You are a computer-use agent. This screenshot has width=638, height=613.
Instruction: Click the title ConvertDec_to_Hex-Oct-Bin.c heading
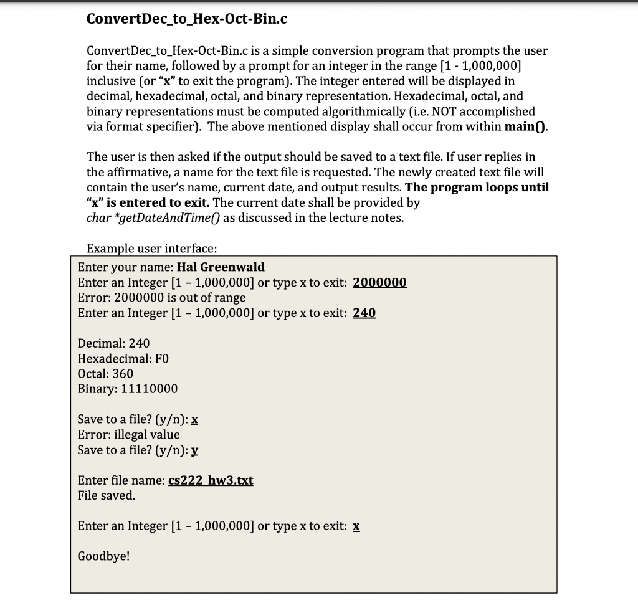tap(187, 19)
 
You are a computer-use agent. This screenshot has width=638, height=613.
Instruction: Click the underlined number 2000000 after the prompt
tap(379, 282)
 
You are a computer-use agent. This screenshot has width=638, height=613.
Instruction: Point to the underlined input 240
tap(364, 313)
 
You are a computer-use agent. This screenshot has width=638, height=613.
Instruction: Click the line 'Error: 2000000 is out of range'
tap(161, 298)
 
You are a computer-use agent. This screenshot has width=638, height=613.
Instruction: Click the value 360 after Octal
tap(123, 374)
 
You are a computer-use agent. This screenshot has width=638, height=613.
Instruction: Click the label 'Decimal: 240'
tap(113, 343)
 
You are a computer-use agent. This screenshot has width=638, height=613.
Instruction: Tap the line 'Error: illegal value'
tap(128, 434)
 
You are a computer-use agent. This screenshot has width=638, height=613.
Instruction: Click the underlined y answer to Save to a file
tap(196, 450)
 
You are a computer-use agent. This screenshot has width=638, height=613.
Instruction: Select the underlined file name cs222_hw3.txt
tap(211, 480)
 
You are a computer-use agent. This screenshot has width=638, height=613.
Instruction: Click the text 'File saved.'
tap(106, 496)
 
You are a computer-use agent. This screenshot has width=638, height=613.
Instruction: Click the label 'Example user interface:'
tap(151, 249)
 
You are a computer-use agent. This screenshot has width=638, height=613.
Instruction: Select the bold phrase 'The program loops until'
tap(477, 188)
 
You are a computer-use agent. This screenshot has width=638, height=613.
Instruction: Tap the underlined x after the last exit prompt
tap(356, 526)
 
